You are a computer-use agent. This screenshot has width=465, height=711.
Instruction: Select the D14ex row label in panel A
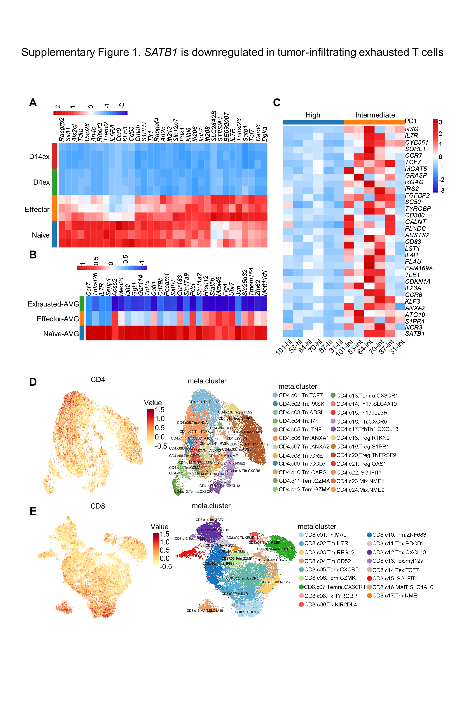39,157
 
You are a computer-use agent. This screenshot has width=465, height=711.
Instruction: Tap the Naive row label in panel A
41,235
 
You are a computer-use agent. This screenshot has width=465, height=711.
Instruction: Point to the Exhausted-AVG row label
53,304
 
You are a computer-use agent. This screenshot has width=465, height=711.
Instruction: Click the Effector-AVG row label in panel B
58,319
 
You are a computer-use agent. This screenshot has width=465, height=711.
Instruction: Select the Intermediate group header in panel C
375,115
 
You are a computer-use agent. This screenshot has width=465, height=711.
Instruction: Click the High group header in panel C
313,115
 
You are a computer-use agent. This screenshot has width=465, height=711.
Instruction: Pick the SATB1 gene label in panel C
415,334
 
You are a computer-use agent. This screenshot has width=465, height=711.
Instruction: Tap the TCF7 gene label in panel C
413,162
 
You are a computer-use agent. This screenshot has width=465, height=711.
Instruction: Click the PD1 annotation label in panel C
411,121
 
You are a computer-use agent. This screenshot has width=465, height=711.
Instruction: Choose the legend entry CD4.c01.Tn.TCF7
301,395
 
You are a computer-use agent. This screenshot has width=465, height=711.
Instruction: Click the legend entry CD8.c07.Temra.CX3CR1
334,587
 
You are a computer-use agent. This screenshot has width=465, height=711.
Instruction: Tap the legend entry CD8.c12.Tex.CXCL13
399,552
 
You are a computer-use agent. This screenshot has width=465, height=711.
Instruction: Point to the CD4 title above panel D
98,379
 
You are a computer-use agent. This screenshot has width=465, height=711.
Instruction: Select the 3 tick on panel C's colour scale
440,122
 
